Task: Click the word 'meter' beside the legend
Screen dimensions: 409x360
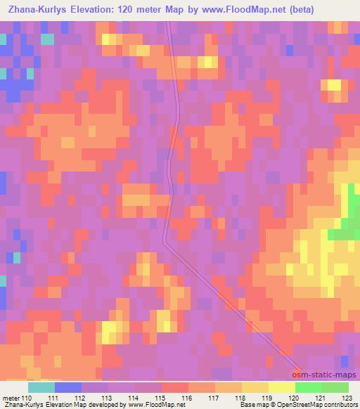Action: click(11, 397)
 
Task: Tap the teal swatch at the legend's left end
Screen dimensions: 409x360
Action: click(41, 387)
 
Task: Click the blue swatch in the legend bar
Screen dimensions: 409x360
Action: click(68, 387)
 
